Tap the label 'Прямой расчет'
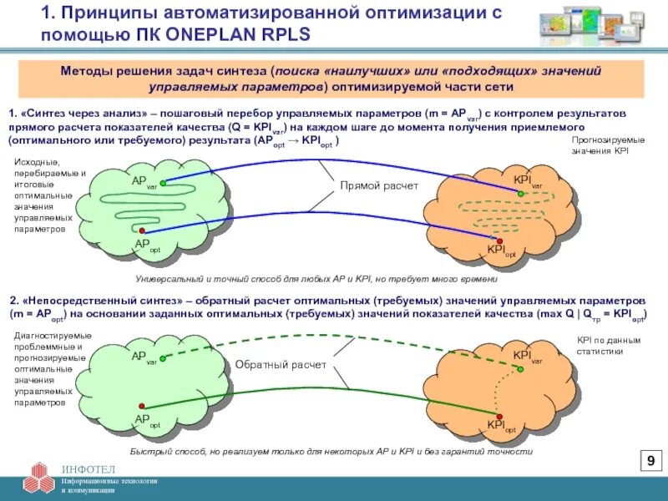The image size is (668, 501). click(378, 186)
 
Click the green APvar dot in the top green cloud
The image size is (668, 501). click(163, 182)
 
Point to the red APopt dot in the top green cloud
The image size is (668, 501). click(143, 230)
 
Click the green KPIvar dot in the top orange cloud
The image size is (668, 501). click(520, 193)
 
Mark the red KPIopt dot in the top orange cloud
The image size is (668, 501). click(500, 240)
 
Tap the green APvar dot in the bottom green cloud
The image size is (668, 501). click(163, 359)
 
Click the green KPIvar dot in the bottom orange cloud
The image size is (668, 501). click(519, 367)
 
